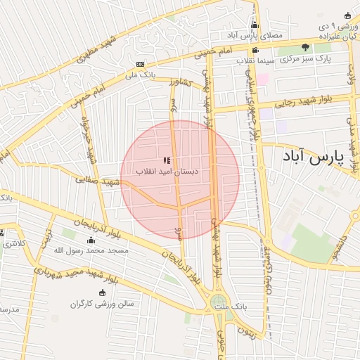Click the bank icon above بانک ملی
pos(140,63)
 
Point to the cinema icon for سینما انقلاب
pos(255,50)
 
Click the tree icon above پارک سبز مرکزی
pos(305,47)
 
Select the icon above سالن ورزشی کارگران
pos(103,292)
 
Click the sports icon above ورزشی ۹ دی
pos(346,15)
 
